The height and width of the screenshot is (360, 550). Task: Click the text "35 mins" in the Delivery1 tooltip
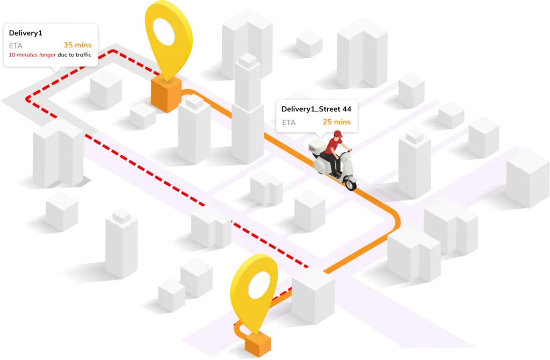(77, 45)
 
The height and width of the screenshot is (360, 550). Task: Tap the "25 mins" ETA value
(336, 122)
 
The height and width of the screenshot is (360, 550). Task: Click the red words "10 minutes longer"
(32, 55)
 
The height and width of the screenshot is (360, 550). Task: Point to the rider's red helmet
(337, 134)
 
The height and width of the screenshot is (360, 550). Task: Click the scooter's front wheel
(350, 183)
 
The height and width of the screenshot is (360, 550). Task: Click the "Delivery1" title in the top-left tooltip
(26, 33)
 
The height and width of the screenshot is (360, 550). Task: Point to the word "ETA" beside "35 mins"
(16, 45)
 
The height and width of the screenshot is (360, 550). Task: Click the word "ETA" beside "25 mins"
(288, 123)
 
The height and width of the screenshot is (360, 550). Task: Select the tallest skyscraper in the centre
(248, 107)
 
